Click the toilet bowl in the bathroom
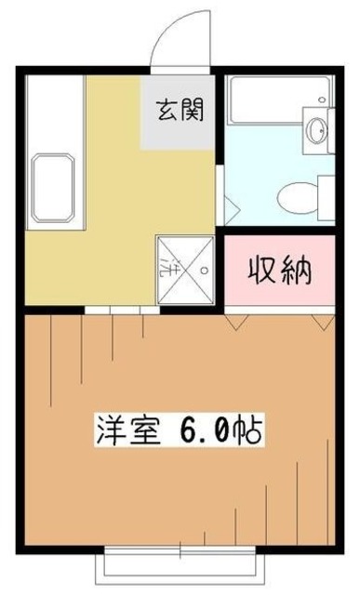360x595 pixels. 301,196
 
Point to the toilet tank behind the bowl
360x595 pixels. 326,197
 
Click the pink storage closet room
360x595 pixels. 279,273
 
